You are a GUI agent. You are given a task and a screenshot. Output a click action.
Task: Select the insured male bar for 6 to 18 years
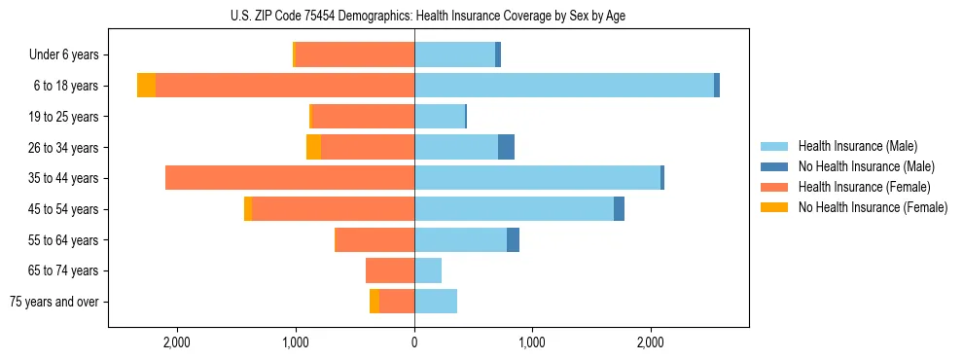(x=564, y=86)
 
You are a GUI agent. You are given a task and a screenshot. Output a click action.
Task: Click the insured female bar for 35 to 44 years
(x=290, y=178)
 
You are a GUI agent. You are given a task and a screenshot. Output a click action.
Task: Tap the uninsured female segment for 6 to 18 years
(x=146, y=86)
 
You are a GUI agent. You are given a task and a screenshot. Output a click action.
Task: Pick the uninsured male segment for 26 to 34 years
(x=506, y=147)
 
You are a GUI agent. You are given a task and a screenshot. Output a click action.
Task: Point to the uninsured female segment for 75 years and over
(x=374, y=302)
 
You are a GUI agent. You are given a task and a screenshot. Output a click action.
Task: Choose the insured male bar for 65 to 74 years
(x=428, y=270)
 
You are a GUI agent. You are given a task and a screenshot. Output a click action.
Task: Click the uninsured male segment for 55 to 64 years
(x=513, y=239)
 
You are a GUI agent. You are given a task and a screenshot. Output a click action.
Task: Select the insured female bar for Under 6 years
(x=354, y=54)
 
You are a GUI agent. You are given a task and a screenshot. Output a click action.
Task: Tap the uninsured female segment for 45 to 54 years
(x=248, y=209)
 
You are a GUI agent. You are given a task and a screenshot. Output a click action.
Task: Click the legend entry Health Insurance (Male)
(x=856, y=146)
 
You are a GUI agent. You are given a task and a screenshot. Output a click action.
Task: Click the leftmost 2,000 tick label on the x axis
(x=177, y=342)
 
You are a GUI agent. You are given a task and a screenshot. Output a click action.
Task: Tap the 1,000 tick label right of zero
(x=532, y=342)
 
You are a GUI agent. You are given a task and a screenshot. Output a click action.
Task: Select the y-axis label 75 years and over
(x=53, y=302)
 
